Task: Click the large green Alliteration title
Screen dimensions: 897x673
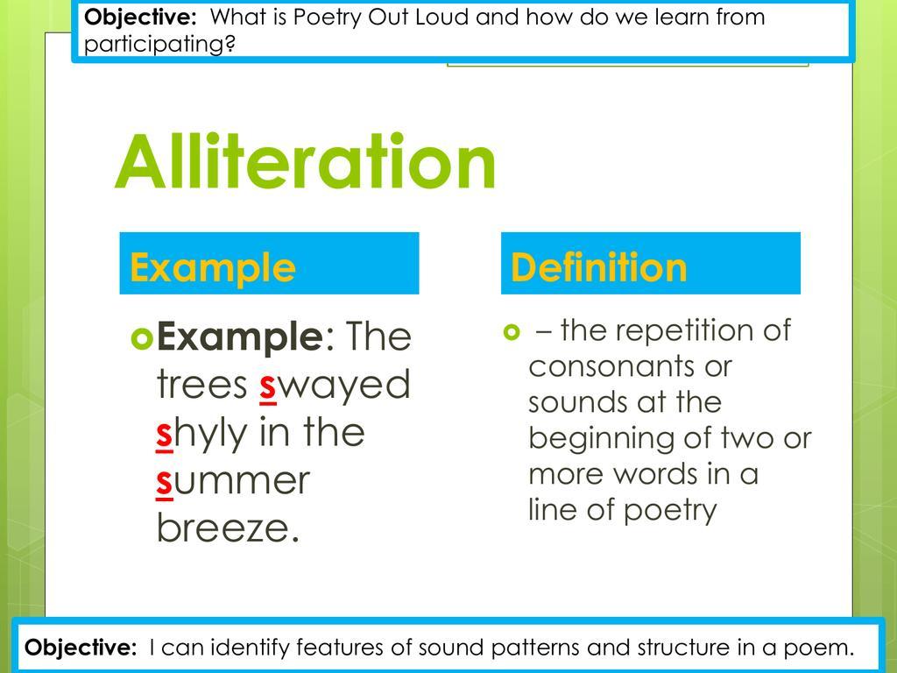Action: [306, 161]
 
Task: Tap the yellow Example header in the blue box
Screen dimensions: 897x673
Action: [213, 268]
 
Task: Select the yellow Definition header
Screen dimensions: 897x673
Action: [598, 266]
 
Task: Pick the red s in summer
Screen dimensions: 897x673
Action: [164, 482]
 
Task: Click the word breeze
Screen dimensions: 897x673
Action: [228, 527]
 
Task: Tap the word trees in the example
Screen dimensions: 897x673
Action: [202, 385]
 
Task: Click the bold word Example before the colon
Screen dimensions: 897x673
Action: [240, 337]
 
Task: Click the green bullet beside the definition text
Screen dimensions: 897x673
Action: [512, 332]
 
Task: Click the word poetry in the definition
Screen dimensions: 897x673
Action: [670, 511]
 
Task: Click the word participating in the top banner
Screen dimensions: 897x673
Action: [159, 44]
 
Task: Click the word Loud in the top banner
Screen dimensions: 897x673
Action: [442, 17]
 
